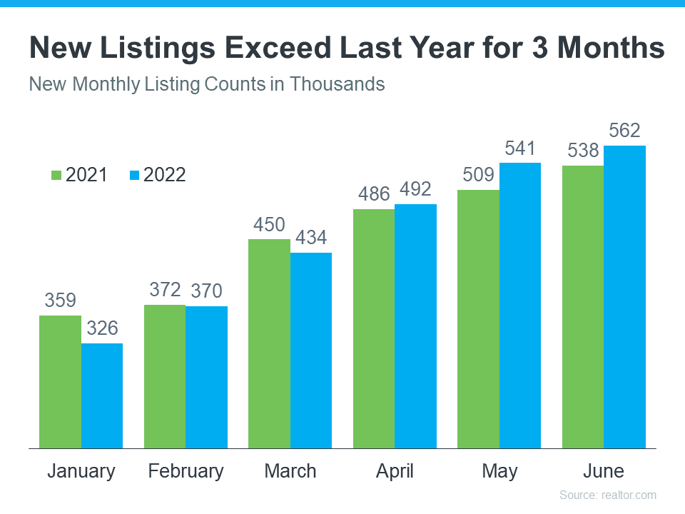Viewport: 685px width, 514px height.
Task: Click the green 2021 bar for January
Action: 60,382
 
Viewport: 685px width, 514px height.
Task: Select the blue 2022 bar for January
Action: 101,395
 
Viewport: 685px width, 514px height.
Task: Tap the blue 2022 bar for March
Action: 310,350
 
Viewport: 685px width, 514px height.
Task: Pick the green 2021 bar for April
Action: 374,328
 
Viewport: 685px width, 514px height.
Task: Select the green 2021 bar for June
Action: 582,307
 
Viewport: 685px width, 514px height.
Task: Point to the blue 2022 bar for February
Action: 206,377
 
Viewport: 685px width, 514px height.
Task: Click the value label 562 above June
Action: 624,131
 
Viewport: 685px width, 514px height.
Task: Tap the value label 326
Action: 102,329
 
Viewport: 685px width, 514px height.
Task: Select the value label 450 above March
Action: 269,225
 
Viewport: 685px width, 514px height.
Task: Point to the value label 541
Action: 520,148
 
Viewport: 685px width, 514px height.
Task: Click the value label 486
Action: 374,194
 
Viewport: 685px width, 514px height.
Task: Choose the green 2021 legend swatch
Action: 56,175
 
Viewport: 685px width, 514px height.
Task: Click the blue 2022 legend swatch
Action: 135,175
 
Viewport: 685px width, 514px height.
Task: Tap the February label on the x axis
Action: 186,471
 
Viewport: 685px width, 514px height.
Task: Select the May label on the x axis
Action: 499,471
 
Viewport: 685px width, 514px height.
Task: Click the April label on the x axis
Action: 395,471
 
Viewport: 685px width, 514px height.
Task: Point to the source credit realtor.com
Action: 607,495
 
